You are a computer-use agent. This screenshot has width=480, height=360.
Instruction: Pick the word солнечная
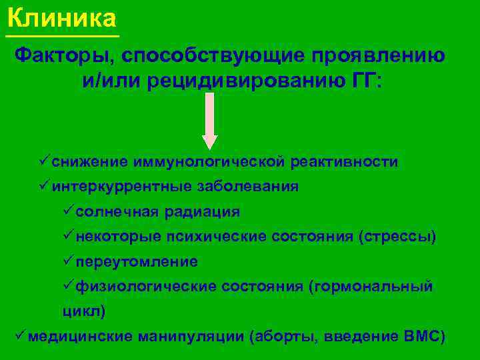[x=117, y=212]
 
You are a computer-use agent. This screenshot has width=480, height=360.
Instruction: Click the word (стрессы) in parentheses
[x=397, y=237]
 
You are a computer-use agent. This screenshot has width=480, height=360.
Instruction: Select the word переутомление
[x=137, y=262]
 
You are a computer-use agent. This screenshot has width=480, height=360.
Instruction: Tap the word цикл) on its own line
[x=84, y=311]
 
